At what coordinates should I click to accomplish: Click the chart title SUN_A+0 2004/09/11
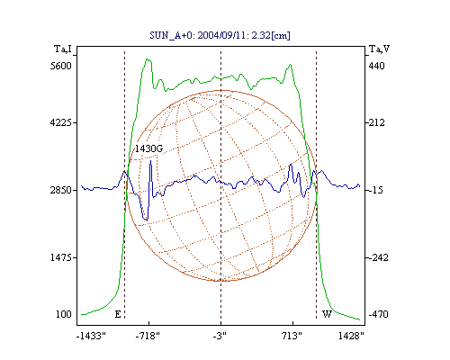click(220, 35)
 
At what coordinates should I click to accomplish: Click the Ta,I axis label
click(63, 49)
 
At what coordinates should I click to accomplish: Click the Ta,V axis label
click(379, 49)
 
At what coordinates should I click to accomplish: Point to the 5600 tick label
click(61, 66)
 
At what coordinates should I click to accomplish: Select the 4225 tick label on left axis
click(61, 122)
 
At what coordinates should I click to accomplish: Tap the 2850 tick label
click(61, 190)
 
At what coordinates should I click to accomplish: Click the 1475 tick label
click(61, 257)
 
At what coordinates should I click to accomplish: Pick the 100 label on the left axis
click(64, 314)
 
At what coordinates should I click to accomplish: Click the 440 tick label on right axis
click(376, 66)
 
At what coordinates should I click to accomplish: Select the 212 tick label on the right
click(376, 122)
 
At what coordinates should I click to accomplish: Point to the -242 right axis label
click(378, 257)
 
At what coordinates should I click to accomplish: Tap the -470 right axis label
click(378, 314)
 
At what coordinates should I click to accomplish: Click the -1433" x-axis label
click(91, 336)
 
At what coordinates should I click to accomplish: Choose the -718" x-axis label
click(148, 336)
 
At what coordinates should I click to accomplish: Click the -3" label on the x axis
click(220, 336)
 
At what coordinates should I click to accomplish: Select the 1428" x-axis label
click(351, 336)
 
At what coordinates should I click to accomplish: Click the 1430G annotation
click(148, 148)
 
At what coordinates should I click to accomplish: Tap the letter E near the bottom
click(118, 314)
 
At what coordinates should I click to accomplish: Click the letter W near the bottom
click(327, 314)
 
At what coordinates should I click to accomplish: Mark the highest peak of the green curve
click(148, 59)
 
